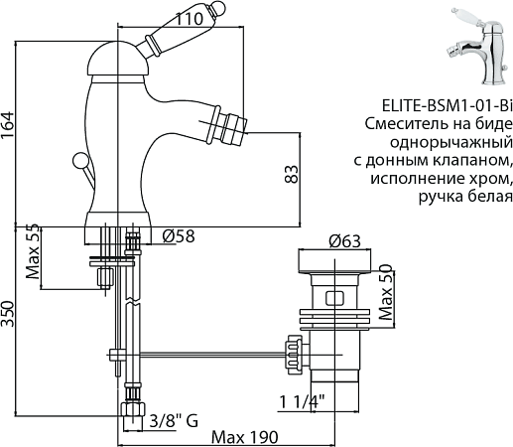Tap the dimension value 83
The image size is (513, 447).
pos(291,175)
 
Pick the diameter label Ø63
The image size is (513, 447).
pos(343,240)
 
